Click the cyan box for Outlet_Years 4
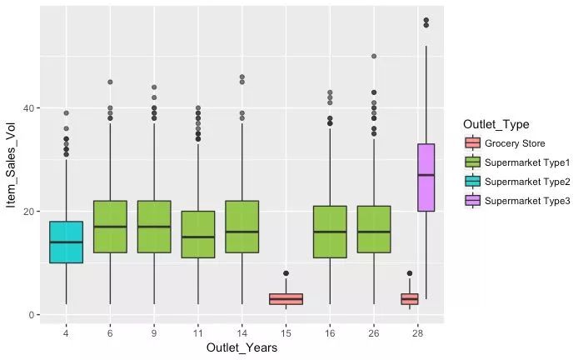coord(66,242)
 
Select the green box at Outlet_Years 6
coord(110,227)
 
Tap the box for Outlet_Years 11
coord(198,234)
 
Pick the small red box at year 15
coord(287,299)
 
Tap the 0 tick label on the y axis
coord(31,315)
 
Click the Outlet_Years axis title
coord(242,348)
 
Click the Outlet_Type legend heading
coord(496,125)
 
